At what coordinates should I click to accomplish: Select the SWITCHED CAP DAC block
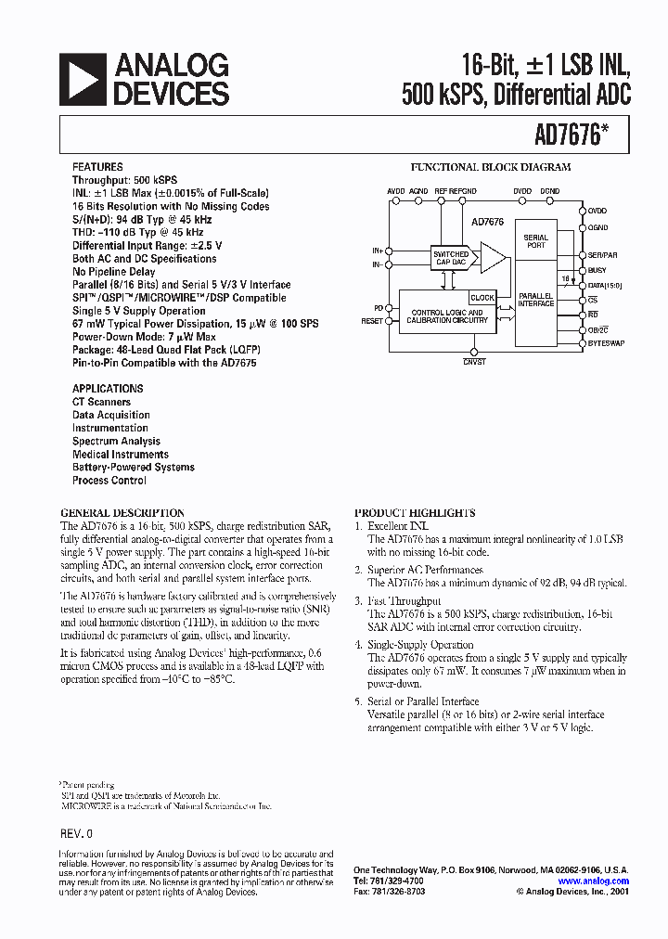(451, 258)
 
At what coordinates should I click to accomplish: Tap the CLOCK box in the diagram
(482, 298)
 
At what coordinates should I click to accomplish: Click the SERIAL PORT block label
(536, 241)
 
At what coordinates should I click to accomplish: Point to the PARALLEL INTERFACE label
(536, 298)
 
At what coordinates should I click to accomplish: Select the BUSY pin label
(597, 270)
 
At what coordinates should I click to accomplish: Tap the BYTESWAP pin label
(606, 344)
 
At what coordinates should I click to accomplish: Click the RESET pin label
(371, 321)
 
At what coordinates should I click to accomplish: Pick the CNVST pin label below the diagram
(473, 362)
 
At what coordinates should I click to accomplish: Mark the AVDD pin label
(396, 190)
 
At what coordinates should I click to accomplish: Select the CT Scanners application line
(101, 402)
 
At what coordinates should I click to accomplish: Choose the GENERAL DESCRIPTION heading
(122, 513)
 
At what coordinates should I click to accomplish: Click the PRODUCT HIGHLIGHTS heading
(415, 513)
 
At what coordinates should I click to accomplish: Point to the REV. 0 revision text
(76, 834)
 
